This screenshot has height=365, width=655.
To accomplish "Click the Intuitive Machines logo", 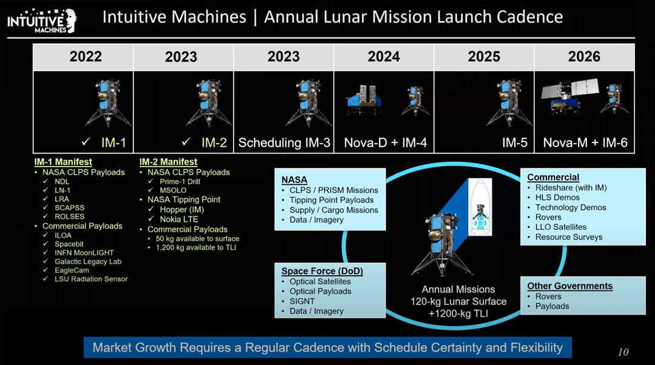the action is pyautogui.click(x=42, y=21).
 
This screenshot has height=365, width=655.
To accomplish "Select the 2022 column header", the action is pyautogui.click(x=86, y=56).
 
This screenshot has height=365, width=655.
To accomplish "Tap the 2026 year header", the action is pyautogui.click(x=584, y=56).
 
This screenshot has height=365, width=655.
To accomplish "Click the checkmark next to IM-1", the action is pyautogui.click(x=86, y=142).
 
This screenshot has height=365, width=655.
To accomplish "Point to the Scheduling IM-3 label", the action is pyautogui.click(x=284, y=143).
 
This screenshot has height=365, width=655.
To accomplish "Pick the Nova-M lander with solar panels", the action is pyautogui.click(x=569, y=95).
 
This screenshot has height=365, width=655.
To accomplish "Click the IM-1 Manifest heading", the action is pyautogui.click(x=63, y=162).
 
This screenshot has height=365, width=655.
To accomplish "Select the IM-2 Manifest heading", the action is pyautogui.click(x=169, y=162).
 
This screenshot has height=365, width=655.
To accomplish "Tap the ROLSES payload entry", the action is pyautogui.click(x=69, y=216).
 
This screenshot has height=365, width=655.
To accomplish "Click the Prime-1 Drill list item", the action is pyautogui.click(x=180, y=182).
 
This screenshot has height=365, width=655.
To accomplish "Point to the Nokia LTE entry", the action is pyautogui.click(x=179, y=219).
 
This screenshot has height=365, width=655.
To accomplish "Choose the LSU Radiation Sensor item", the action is pyautogui.click(x=91, y=279).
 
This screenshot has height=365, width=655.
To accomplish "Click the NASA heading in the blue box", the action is pyautogui.click(x=294, y=179).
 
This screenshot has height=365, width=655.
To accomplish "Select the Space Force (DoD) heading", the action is pyautogui.click(x=322, y=271).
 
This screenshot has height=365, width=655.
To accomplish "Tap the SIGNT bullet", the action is pyautogui.click(x=302, y=301).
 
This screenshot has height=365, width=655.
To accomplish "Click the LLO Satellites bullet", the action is pyautogui.click(x=560, y=227).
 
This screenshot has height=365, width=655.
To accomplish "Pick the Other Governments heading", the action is pyautogui.click(x=569, y=286).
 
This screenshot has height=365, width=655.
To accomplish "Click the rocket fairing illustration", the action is pyautogui.click(x=480, y=207).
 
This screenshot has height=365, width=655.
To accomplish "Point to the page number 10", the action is pyautogui.click(x=623, y=352).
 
